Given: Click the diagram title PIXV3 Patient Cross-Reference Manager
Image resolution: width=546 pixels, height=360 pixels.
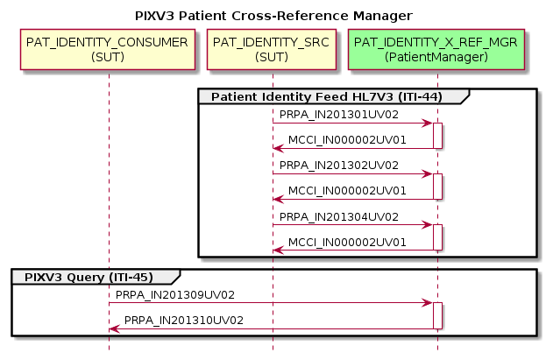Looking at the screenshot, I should point(273,16).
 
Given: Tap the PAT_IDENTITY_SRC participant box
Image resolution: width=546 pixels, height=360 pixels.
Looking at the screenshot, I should point(272,49).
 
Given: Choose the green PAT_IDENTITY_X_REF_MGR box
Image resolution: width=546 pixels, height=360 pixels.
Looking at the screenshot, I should point(436,49).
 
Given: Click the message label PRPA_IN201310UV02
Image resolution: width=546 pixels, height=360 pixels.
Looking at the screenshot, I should point(184,321).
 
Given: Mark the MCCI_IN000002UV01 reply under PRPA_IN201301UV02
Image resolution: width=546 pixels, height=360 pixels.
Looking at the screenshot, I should point(347,140).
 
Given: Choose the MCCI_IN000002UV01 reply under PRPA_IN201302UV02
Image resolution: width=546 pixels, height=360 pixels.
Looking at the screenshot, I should point(347,191).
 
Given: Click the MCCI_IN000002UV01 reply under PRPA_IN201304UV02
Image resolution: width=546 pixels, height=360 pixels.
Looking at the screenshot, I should point(347,242).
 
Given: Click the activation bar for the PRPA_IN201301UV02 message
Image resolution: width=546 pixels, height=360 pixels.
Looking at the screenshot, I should point(437,136).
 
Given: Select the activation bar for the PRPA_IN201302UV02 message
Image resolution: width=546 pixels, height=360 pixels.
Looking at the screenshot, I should point(437,187).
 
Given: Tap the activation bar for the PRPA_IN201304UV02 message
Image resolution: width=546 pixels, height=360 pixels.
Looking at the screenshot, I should point(437,237).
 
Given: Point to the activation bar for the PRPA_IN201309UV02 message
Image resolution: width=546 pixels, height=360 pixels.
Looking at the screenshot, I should point(437,316).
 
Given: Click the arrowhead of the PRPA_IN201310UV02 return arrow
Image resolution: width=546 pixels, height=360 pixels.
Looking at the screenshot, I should point(114,329).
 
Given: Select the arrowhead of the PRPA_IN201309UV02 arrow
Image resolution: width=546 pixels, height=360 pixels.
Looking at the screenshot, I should point(428,303).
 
